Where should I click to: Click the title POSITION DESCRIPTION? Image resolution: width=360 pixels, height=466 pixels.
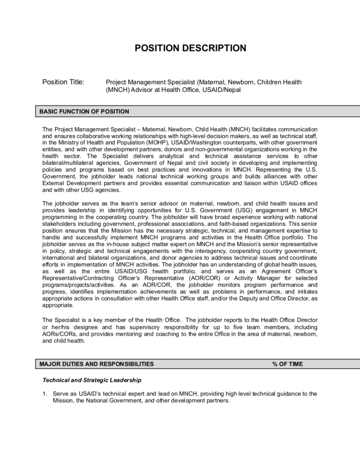pos(190,48)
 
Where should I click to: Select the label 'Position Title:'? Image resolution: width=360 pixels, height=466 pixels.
pos(63,82)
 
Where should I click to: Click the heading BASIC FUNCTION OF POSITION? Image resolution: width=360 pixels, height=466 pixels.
pos(84,111)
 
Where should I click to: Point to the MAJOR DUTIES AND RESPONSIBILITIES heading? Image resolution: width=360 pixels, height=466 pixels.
pos(96,364)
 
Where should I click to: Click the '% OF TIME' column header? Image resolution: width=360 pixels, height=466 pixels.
pos(287,364)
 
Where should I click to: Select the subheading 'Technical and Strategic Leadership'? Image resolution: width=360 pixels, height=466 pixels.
pos(91,380)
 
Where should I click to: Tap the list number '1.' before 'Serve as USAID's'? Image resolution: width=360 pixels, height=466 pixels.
pos(45,394)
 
